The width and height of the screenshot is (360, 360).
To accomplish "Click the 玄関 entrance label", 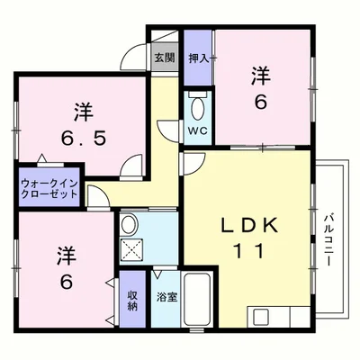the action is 165,58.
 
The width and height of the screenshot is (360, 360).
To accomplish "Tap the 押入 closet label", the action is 198,58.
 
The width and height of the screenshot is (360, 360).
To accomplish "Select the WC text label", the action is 197,130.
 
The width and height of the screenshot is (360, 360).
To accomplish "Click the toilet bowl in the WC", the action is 197,108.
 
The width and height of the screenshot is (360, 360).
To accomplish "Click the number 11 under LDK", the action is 249,251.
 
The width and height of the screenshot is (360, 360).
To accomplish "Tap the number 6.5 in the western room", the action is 84,139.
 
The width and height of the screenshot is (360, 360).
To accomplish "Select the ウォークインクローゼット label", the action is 49,188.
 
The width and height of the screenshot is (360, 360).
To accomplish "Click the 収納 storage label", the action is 132,301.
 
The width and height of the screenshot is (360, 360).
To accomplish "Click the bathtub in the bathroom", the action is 196,300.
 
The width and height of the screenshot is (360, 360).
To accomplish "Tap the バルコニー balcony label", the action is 329,238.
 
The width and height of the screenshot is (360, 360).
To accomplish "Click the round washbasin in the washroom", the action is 129,225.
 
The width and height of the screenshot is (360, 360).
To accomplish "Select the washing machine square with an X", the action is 131,250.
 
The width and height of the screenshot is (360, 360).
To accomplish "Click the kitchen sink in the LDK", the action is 260,317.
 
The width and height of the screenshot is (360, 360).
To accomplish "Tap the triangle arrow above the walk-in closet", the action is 41,157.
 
